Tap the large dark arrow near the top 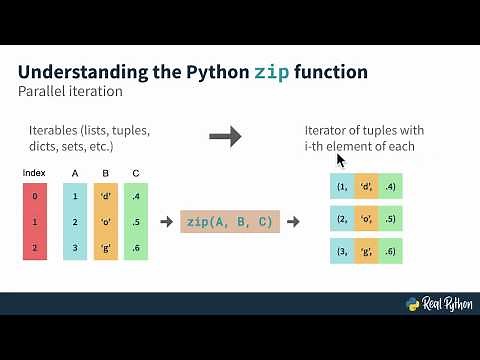pos(227,135)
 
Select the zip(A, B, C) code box pos(230,221)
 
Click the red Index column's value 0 pos(35,197)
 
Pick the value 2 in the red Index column pos(35,245)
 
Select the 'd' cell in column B pos(106,197)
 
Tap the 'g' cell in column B pos(106,245)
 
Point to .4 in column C pos(136,197)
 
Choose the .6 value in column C pos(136,245)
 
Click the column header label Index pos(35,173)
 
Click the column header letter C pos(136,173)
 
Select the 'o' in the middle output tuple pos(366,220)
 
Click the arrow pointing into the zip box pos(166,221)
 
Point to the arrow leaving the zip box pos(294,221)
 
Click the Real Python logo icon pos(412,305)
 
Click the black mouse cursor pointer pos(340,159)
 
